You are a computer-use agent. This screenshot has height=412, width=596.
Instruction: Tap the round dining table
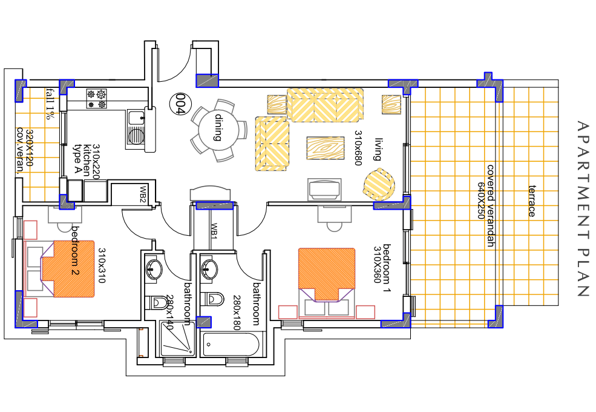point(218,131)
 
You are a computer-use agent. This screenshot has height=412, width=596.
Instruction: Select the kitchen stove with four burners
point(97,99)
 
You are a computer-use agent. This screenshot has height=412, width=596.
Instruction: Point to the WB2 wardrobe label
point(143,194)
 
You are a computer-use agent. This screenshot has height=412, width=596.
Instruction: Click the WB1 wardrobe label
point(214,231)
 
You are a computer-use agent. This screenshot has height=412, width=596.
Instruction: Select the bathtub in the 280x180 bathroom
point(231,345)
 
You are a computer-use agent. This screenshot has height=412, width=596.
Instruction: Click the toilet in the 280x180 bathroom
point(212,299)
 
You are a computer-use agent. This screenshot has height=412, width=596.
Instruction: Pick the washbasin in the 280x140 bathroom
point(154,269)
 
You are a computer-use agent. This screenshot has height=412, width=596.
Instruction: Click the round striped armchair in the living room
point(379,184)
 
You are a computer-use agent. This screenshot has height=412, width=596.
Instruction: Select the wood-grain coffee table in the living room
point(326,148)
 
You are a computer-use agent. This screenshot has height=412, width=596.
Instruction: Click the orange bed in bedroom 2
point(68,268)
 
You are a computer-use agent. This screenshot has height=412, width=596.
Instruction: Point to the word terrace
point(532,201)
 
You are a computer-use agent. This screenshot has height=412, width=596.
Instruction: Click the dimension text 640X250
point(482,201)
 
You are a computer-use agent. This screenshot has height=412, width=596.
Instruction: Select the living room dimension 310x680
point(358,148)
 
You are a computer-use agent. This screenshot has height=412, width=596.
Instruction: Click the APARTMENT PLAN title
point(582,208)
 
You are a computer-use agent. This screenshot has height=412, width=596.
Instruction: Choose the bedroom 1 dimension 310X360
point(378,265)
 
